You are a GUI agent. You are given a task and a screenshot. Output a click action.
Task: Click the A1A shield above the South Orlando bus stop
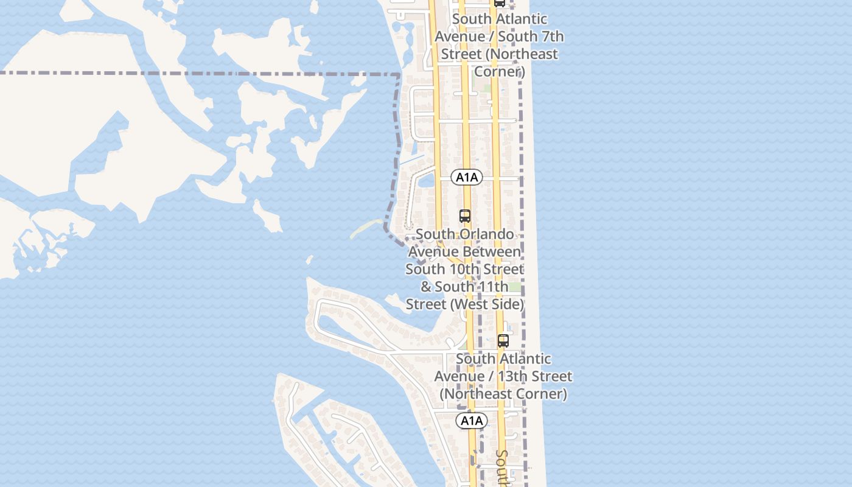(467, 177)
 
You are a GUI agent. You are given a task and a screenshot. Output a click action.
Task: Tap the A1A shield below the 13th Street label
(472, 421)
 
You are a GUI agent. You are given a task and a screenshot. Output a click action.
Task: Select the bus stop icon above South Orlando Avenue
(465, 216)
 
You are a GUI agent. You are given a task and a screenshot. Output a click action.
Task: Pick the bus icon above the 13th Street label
(503, 341)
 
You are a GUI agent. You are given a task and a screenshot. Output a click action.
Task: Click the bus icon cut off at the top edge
(500, 3)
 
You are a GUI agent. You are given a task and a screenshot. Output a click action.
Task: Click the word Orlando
(484, 234)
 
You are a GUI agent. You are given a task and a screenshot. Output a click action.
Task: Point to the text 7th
(550, 37)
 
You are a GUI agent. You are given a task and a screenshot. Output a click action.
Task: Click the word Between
(464, 251)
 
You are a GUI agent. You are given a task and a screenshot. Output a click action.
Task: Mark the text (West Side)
(487, 304)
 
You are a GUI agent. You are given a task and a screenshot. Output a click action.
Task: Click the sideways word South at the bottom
(503, 468)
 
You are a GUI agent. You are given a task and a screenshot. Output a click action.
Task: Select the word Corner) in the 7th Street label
(499, 71)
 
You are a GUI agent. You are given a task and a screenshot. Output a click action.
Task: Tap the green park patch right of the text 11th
(515, 287)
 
